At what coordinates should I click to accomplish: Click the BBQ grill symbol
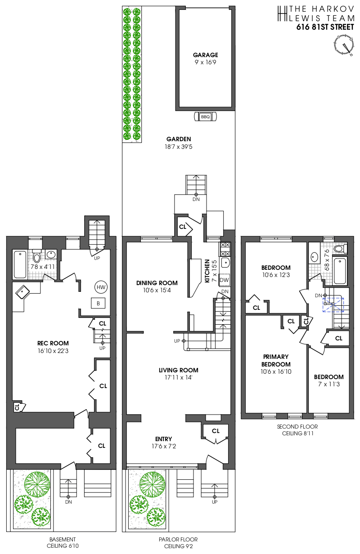(x=205, y=116)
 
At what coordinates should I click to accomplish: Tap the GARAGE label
(x=205, y=55)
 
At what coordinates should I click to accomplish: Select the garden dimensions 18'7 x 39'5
(x=178, y=147)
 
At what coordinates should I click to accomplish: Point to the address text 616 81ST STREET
(x=325, y=27)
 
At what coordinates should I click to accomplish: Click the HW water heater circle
(x=101, y=287)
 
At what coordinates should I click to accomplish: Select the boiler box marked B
(x=98, y=303)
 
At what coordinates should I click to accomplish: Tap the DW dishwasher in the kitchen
(x=224, y=280)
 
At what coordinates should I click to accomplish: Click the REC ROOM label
(x=53, y=343)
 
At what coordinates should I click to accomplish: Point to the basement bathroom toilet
(x=36, y=256)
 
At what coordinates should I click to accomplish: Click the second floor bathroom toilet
(x=340, y=249)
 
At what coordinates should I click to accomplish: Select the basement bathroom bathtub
(x=20, y=264)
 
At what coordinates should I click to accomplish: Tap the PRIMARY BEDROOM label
(x=276, y=360)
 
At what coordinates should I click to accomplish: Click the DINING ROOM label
(x=157, y=283)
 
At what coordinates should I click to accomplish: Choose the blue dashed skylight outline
(x=333, y=305)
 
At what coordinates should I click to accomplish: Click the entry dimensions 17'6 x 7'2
(x=164, y=447)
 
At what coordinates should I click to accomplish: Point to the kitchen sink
(x=225, y=263)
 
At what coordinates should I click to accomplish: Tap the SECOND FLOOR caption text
(x=297, y=427)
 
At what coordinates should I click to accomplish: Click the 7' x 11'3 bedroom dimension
(x=329, y=384)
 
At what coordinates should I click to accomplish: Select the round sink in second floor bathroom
(x=314, y=257)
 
